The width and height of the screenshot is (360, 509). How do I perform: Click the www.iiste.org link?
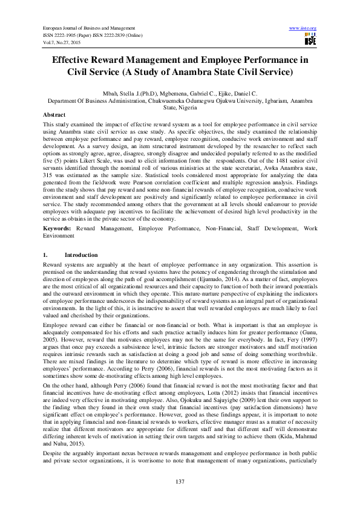[303, 28]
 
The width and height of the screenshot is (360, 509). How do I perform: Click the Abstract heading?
[54, 114]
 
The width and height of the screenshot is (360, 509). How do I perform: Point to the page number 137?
[180, 481]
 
